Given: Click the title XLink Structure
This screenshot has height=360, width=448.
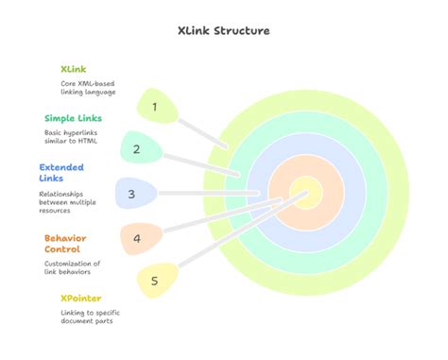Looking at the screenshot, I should click(x=224, y=30).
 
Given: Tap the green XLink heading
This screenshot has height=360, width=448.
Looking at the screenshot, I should click(x=74, y=70).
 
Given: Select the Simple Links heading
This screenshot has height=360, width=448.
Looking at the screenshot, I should click(x=74, y=118).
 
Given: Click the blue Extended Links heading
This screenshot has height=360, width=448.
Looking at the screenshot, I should click(x=62, y=173).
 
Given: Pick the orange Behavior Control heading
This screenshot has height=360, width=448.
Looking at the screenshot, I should click(x=69, y=243).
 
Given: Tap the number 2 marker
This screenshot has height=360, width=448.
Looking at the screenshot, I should click(x=138, y=148).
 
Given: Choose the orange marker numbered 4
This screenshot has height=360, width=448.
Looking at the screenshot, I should click(x=138, y=238).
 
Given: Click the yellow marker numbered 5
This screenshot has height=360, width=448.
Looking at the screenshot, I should click(x=156, y=280).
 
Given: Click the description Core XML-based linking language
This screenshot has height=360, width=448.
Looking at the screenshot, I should click(x=87, y=88).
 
